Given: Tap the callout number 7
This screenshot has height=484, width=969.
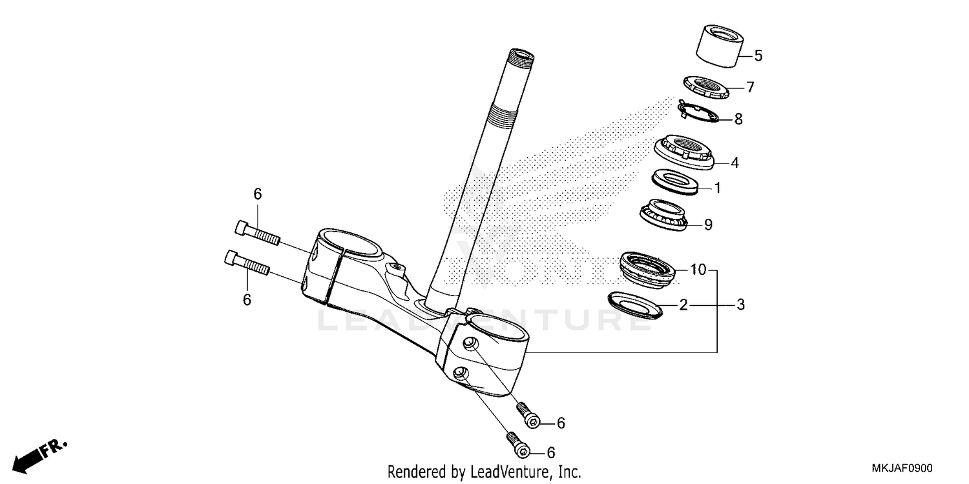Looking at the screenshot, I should click(750, 87).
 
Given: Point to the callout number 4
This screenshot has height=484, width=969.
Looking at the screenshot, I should click(734, 163).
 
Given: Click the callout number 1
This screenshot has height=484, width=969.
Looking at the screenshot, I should click(717, 188).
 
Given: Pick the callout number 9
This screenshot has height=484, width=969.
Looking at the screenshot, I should click(708, 225).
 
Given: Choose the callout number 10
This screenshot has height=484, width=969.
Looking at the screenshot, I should click(698, 270).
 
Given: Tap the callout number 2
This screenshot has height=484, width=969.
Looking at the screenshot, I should click(683, 305).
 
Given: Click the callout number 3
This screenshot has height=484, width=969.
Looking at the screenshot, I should click(740, 305).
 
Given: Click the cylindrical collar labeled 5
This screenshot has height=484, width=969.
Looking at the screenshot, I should click(718, 46).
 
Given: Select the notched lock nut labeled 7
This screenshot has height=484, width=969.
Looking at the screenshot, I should click(706, 86).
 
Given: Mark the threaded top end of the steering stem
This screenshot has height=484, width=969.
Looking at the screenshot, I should click(520, 58).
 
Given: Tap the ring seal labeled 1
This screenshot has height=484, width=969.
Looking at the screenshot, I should click(676, 181).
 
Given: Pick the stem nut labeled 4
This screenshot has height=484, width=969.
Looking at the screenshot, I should click(683, 152).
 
